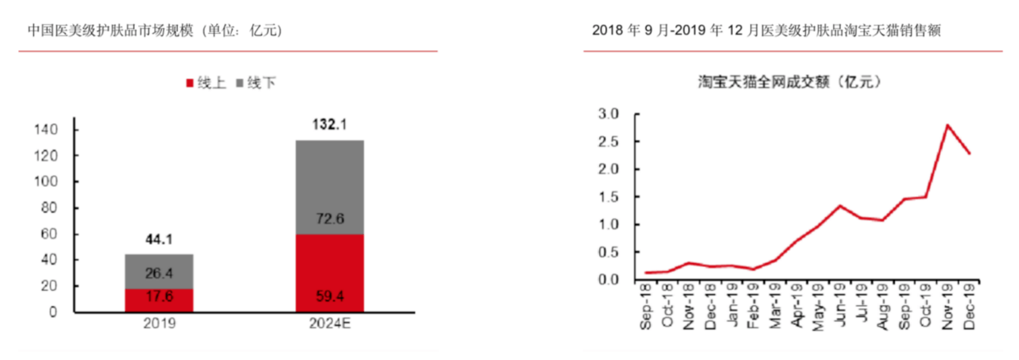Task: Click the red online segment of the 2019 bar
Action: [159, 300]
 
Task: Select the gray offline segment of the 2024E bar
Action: [330, 187]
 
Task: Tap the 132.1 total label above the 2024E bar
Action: [330, 125]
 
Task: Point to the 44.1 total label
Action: [159, 239]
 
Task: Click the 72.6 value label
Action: [330, 219]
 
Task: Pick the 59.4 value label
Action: [330, 294]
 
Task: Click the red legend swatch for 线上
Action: [191, 84]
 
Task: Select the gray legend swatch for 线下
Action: [240, 84]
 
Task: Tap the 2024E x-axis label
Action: [330, 324]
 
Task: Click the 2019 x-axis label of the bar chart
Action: [159, 324]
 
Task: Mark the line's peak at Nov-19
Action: [948, 125]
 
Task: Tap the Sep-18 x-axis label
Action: [647, 308]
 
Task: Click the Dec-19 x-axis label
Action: [970, 308]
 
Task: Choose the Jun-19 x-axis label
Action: [840, 308]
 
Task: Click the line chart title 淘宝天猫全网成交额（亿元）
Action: [790, 81]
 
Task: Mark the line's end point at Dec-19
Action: [970, 154]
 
